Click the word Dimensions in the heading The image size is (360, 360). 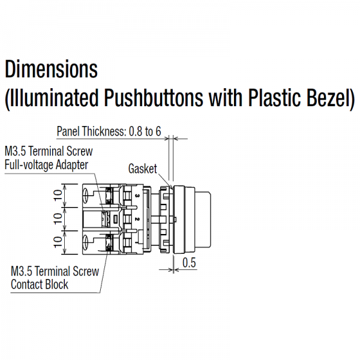pos(51,69)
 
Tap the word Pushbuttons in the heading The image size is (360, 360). pos(154,98)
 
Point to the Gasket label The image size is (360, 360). pos(143,169)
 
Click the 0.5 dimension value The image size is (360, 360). pos(189,263)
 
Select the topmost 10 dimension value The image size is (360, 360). pos(58,196)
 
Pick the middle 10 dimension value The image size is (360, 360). pos(58,218)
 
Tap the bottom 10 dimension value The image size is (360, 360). pos(58,242)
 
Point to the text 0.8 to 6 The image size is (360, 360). pos(145,131)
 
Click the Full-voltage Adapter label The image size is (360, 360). pos(46,165)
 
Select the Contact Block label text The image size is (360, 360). pos(40,284)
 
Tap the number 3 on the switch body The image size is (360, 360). pos(137,196)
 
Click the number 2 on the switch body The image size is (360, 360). pos(137,219)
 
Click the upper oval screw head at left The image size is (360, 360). pos(86,196)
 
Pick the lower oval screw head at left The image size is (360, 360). pos(86,242)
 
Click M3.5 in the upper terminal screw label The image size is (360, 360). pos(16,151)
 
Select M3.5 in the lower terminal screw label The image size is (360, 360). pos(22,271)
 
